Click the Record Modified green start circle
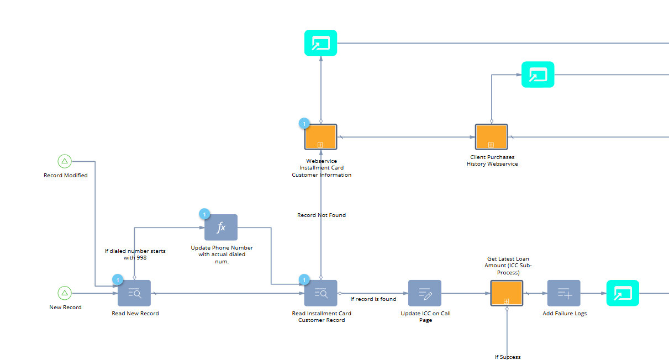65,161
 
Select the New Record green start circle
65,293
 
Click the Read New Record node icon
134,293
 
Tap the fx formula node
221,227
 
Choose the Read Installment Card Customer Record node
321,293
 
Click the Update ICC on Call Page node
425,293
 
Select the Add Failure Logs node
564,293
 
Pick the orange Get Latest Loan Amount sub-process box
507,293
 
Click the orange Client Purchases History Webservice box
492,137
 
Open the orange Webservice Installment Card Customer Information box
321,137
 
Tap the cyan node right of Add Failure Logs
623,293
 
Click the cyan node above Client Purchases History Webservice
538,75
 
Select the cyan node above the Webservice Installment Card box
321,43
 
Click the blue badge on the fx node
204,214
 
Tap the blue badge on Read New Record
118,280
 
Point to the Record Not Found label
322,215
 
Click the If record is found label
373,299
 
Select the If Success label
508,357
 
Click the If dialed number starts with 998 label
135,255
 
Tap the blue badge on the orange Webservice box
304,124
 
